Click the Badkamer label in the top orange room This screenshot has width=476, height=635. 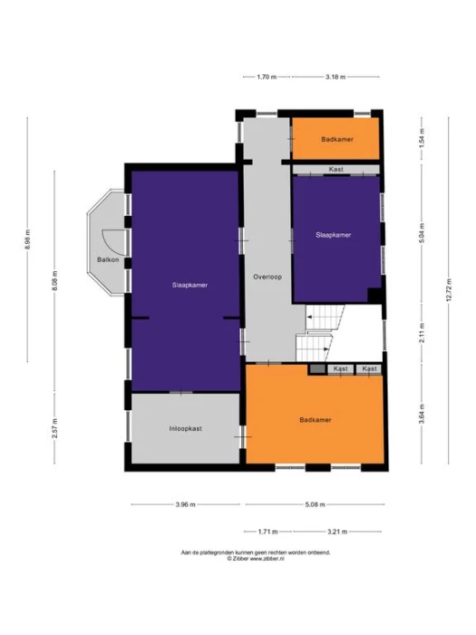tap(336, 139)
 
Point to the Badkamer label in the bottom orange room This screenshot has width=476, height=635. tap(315, 420)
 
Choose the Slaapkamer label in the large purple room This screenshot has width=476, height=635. tap(190, 285)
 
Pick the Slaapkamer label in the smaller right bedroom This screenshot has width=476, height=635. tap(333, 234)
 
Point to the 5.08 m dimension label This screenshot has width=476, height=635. tap(313, 505)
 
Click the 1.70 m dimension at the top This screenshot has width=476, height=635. tap(266, 77)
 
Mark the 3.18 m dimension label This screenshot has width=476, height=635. tap(335, 77)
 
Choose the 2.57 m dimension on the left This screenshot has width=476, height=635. tap(54, 429)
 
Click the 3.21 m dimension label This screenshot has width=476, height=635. tap(338, 531)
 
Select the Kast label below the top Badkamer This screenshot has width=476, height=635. tap(335, 170)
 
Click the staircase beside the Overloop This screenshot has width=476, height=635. tap(322, 332)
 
